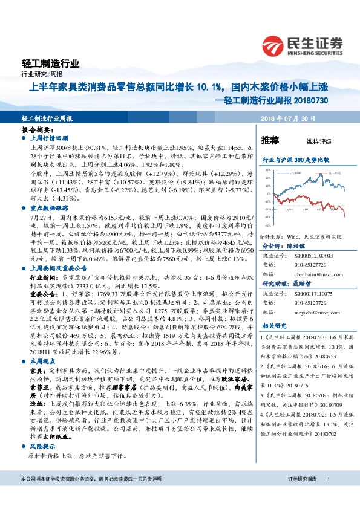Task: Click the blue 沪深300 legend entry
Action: click(x=293, y=172)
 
